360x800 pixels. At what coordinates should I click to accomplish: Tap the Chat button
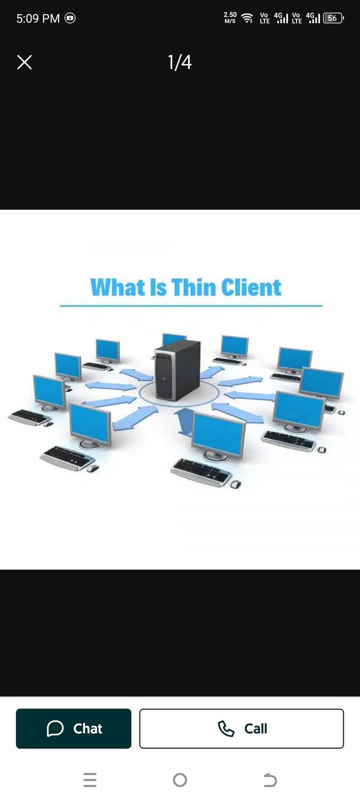[x=73, y=728]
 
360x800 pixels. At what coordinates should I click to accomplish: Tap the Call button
[x=242, y=728]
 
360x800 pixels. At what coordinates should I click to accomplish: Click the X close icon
[x=24, y=62]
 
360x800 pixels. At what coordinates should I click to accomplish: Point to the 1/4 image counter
[x=180, y=62]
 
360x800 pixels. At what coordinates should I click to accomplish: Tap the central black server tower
[x=177, y=370]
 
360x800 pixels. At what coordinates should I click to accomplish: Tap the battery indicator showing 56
[x=333, y=18]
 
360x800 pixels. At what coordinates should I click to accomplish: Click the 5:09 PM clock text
[x=38, y=18]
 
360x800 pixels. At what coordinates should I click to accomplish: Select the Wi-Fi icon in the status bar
[x=247, y=18]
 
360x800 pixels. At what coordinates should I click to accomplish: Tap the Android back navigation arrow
[x=270, y=780]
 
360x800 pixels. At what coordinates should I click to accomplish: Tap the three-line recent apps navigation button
[x=90, y=780]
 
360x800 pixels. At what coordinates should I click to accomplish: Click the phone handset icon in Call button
[x=226, y=728]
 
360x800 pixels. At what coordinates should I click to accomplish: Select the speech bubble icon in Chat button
[x=55, y=728]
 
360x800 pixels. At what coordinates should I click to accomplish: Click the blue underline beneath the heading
[x=191, y=306]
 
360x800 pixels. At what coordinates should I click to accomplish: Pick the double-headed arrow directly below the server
[x=183, y=422]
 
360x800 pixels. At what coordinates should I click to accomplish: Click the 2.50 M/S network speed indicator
[x=230, y=18]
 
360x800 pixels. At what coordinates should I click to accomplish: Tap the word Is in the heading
[x=158, y=288]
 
